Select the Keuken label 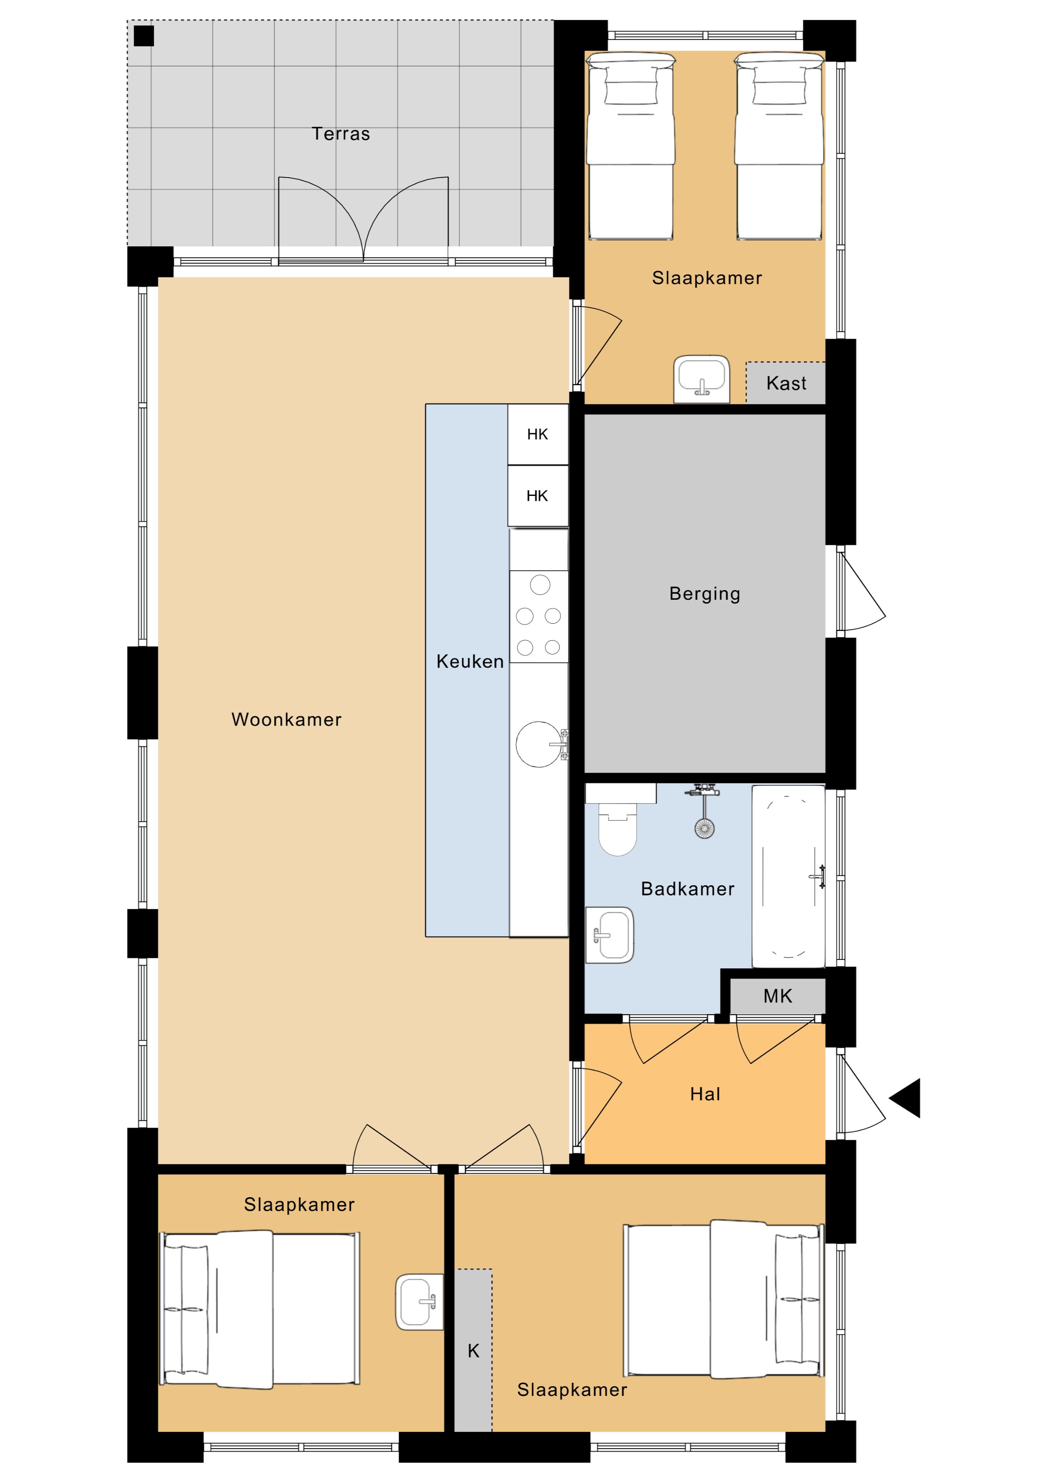[470, 661]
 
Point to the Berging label [705, 594]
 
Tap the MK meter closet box [777, 996]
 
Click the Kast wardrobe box [786, 383]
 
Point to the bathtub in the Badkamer [788, 876]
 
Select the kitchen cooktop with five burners [539, 616]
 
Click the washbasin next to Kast [702, 379]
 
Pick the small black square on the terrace [144, 36]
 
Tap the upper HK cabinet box [538, 435]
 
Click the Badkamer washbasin [610, 935]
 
